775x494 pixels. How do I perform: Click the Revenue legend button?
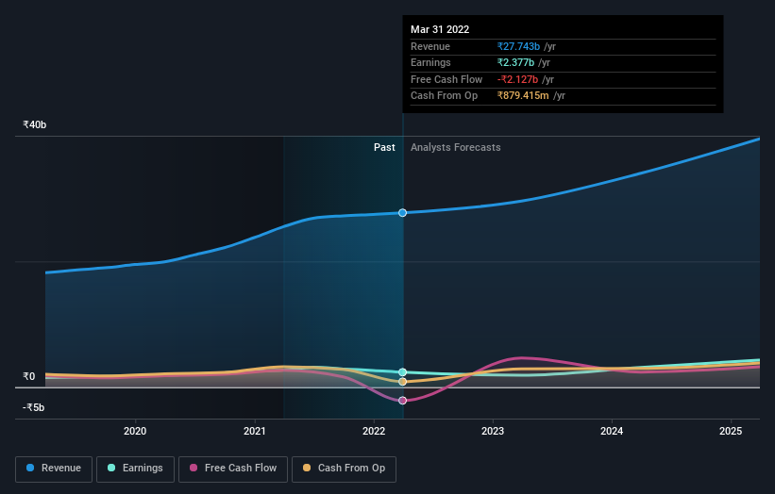click(55, 468)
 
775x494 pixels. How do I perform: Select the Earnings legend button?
click(135, 468)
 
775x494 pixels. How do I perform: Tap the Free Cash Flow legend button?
click(233, 468)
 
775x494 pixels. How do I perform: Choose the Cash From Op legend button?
click(344, 468)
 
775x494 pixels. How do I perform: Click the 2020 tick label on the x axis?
click(136, 432)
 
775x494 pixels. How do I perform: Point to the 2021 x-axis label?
click(255, 432)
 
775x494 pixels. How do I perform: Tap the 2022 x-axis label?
click(374, 432)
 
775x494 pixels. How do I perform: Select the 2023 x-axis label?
click(493, 432)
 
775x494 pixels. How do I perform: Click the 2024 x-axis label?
click(612, 432)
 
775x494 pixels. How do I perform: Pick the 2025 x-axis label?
click(731, 432)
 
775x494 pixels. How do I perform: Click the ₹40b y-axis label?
click(35, 125)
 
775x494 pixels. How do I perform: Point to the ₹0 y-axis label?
click(28, 377)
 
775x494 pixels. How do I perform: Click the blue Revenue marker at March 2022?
click(403, 213)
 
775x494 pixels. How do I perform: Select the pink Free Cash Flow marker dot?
click(403, 401)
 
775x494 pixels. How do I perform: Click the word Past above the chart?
click(384, 147)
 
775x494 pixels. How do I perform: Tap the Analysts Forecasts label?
click(455, 147)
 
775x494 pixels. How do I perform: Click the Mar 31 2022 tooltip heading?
click(440, 29)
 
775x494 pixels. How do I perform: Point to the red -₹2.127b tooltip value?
click(518, 79)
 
